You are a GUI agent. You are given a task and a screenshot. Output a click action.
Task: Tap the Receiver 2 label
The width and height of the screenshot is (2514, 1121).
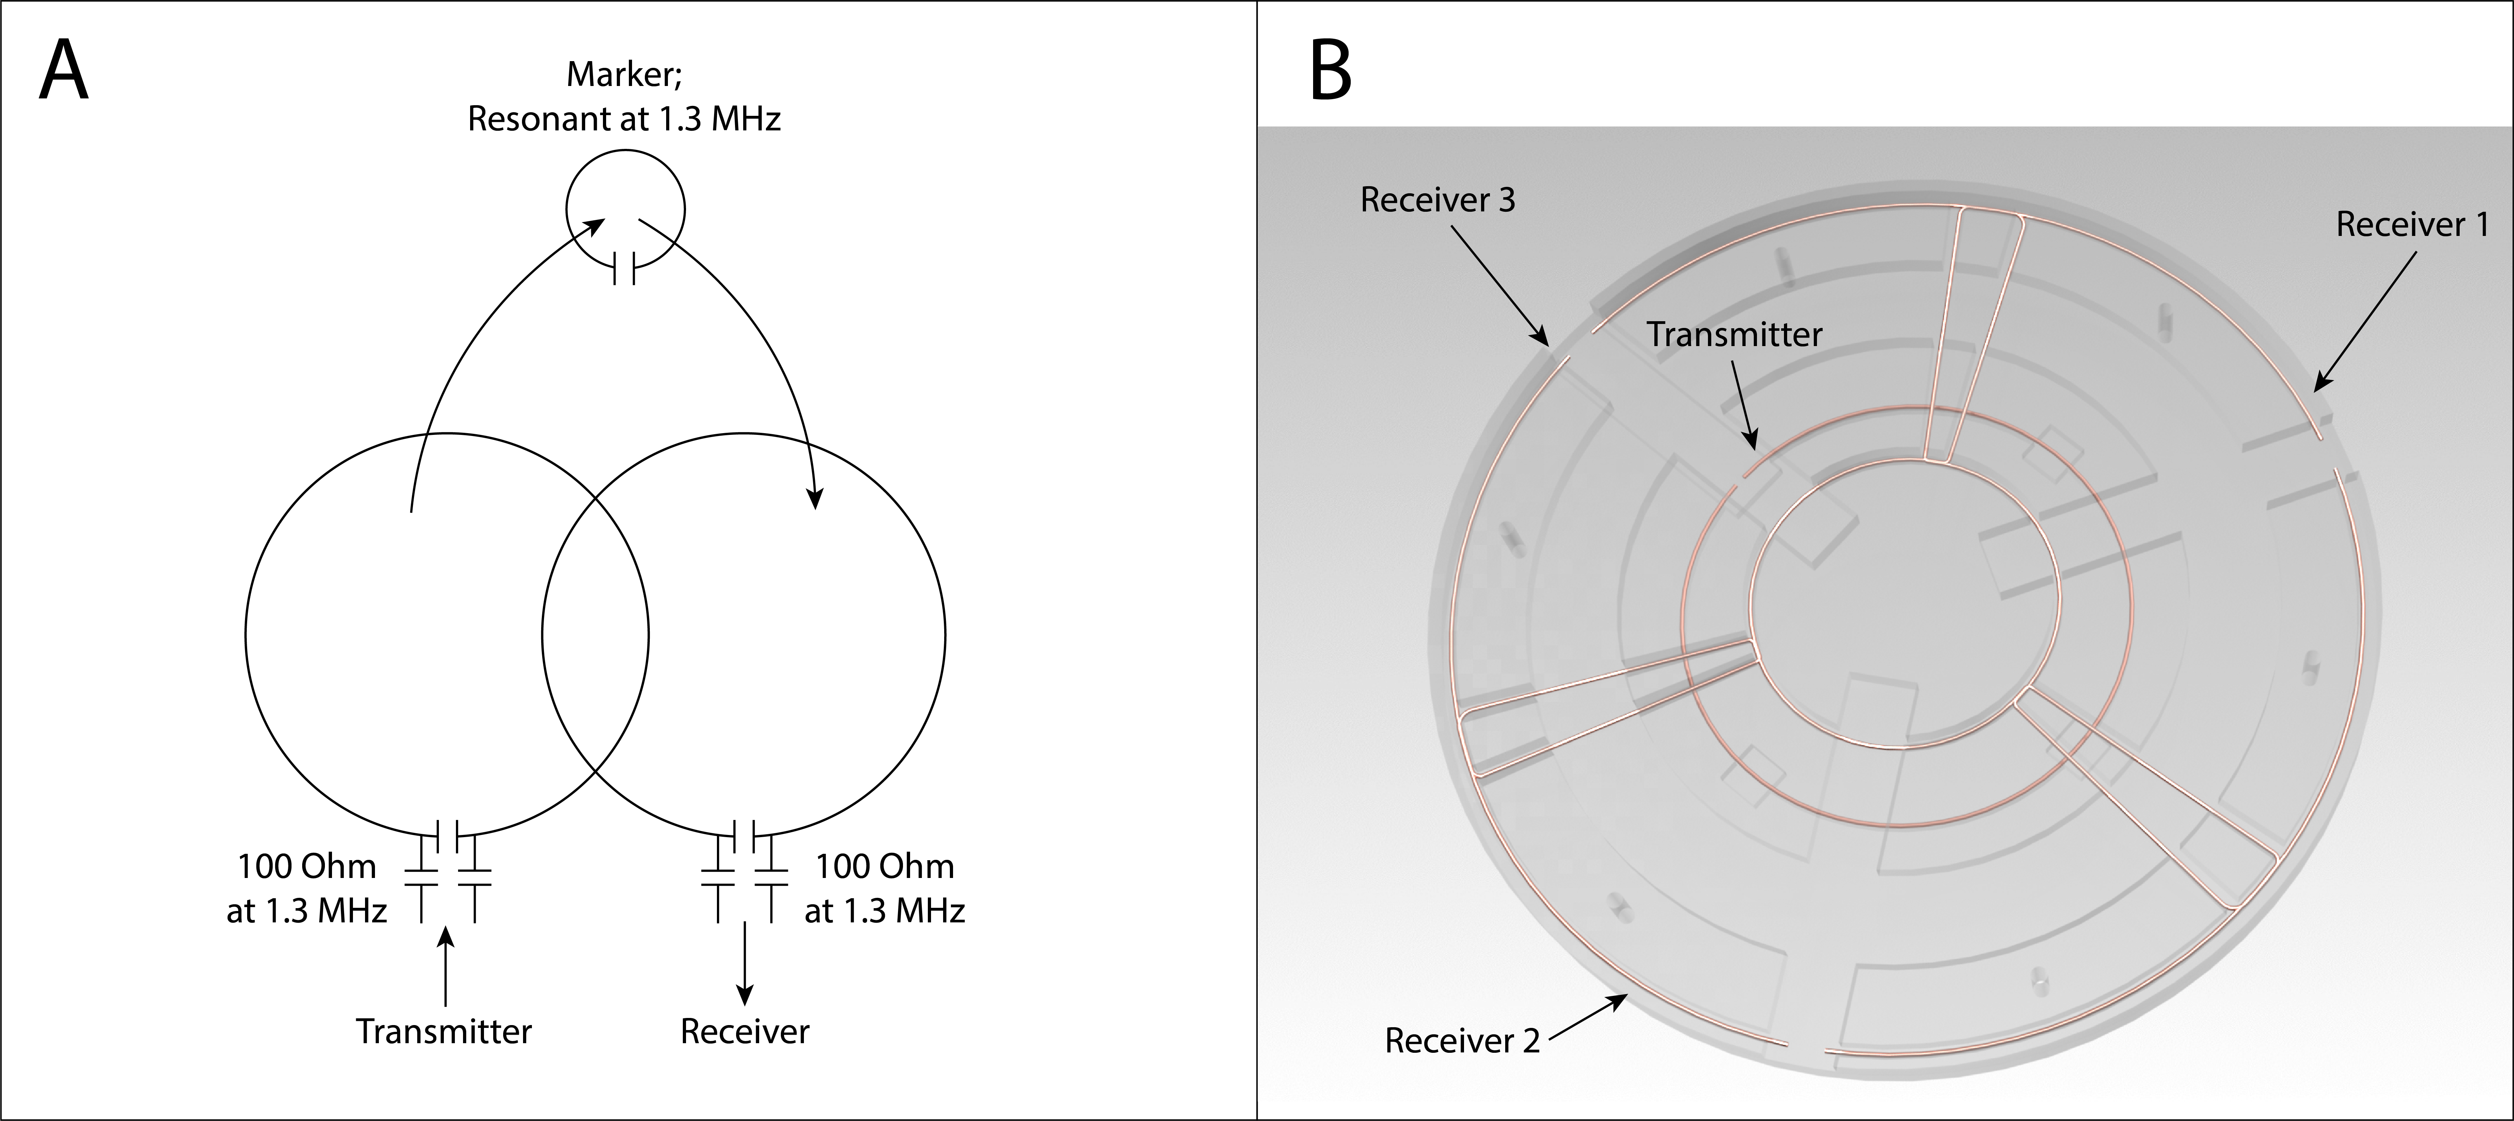point(1462,1041)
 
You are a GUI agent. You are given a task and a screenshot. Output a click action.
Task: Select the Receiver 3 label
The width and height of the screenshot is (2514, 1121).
point(1437,200)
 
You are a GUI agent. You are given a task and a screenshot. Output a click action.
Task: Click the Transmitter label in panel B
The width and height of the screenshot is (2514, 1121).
point(1734,335)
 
